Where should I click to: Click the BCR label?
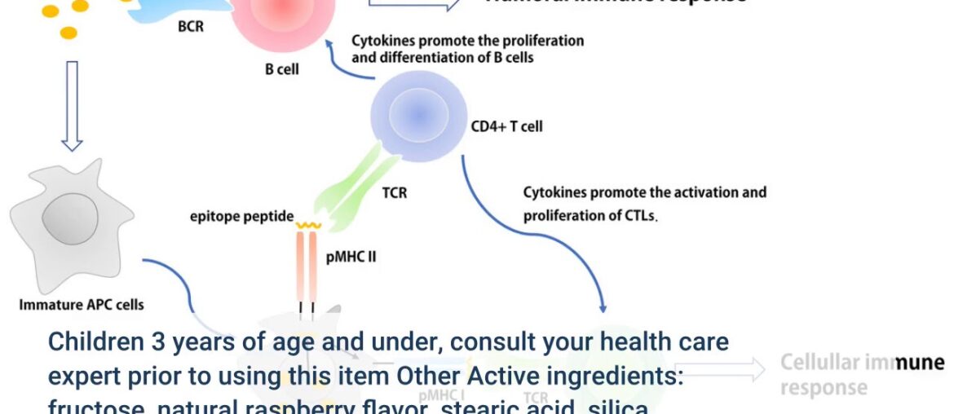click(x=191, y=27)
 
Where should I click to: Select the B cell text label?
click(x=281, y=69)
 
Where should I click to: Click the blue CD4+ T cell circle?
click(x=419, y=113)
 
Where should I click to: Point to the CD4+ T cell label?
click(x=506, y=126)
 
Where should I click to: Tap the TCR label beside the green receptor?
click(x=394, y=194)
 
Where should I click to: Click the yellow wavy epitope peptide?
click(x=308, y=225)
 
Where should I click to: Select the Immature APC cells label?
click(x=81, y=305)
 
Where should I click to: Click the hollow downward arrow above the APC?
click(x=72, y=105)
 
